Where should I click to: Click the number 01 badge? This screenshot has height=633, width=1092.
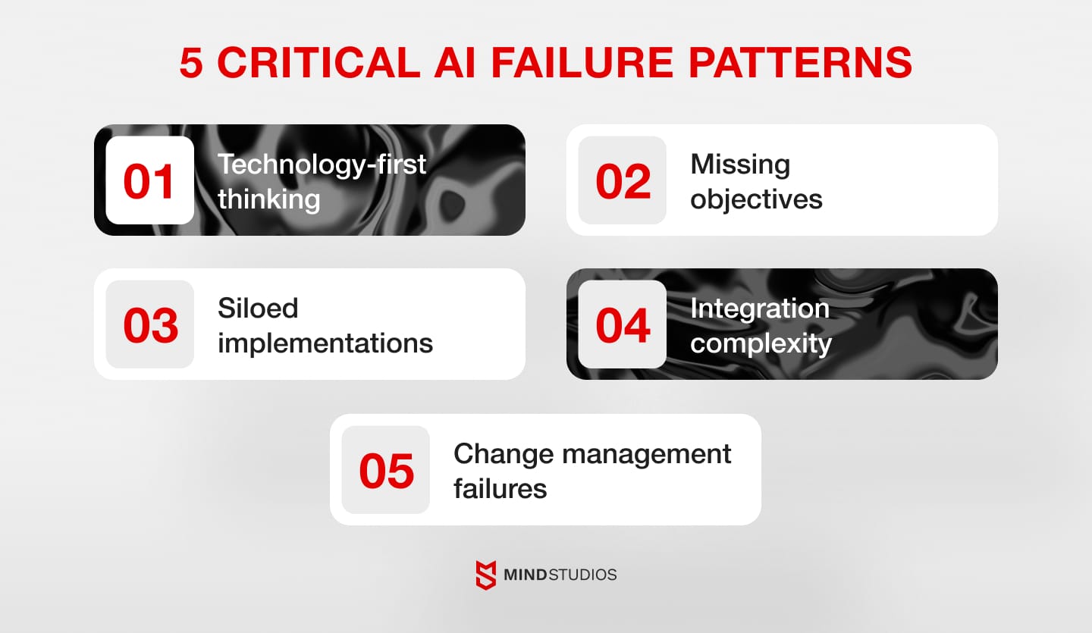click(x=149, y=180)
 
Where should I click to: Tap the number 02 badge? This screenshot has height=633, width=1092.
click(x=623, y=180)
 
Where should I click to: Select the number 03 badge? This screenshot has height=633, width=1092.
click(x=149, y=324)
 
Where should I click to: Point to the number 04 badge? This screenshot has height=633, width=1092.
click(x=623, y=324)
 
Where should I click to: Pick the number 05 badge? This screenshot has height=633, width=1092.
click(x=386, y=470)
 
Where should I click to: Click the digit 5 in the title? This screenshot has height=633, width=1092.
click(x=191, y=64)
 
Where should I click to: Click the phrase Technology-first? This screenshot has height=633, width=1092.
click(x=322, y=165)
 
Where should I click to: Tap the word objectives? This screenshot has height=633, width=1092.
click(x=756, y=199)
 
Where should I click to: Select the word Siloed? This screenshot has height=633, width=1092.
click(x=258, y=309)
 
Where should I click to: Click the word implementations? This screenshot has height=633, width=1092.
click(x=325, y=343)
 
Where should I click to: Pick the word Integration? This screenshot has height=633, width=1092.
click(x=760, y=309)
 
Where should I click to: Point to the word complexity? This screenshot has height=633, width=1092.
click(x=761, y=343)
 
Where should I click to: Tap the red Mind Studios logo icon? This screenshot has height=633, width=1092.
click(x=486, y=575)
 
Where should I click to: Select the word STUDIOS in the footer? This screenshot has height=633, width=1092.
click(x=583, y=575)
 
